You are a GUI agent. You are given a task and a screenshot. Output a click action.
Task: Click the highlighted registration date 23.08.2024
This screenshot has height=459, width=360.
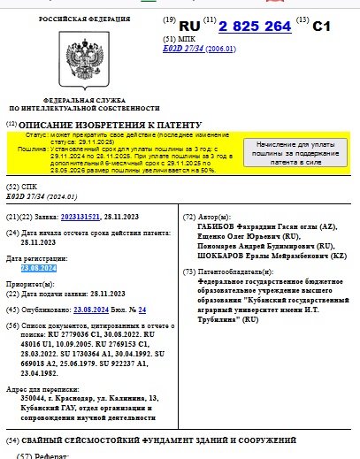[40, 267]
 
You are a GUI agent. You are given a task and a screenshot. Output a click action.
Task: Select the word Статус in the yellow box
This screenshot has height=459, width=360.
[37, 134]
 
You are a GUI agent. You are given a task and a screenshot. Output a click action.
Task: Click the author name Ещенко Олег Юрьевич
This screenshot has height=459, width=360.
[226, 237]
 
